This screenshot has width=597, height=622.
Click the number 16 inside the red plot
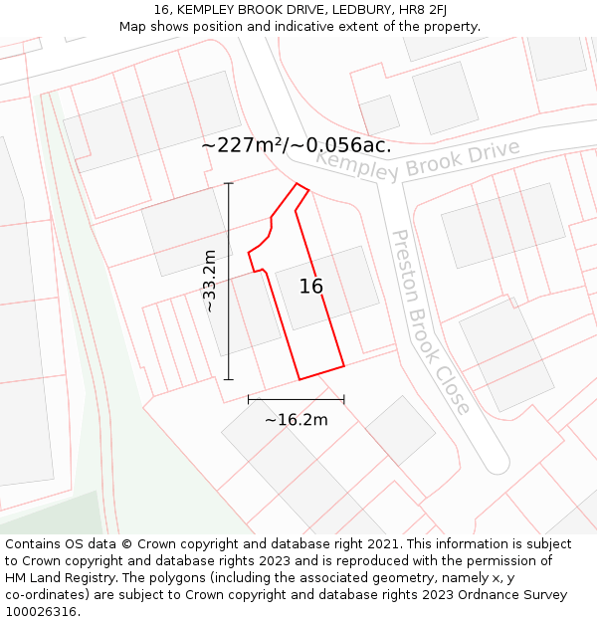pyautogui.click(x=311, y=287)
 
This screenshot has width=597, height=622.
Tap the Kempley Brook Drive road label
pyautogui.click(x=418, y=160)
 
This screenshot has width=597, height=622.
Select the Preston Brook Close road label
pyautogui.click(x=430, y=321)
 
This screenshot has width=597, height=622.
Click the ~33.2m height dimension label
pyautogui.click(x=210, y=281)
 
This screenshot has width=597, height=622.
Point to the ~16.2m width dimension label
pyautogui.click(x=296, y=420)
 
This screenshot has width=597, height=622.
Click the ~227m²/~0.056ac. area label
pyautogui.click(x=296, y=145)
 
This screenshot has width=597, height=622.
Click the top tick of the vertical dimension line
pyautogui.click(x=229, y=183)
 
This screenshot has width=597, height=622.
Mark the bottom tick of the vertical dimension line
pyautogui.click(x=229, y=379)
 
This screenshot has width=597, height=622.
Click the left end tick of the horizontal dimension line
pyautogui.click(x=249, y=399)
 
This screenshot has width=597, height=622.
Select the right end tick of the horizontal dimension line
pyautogui.click(x=344, y=399)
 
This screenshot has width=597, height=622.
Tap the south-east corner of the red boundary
pyautogui.click(x=344, y=366)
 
